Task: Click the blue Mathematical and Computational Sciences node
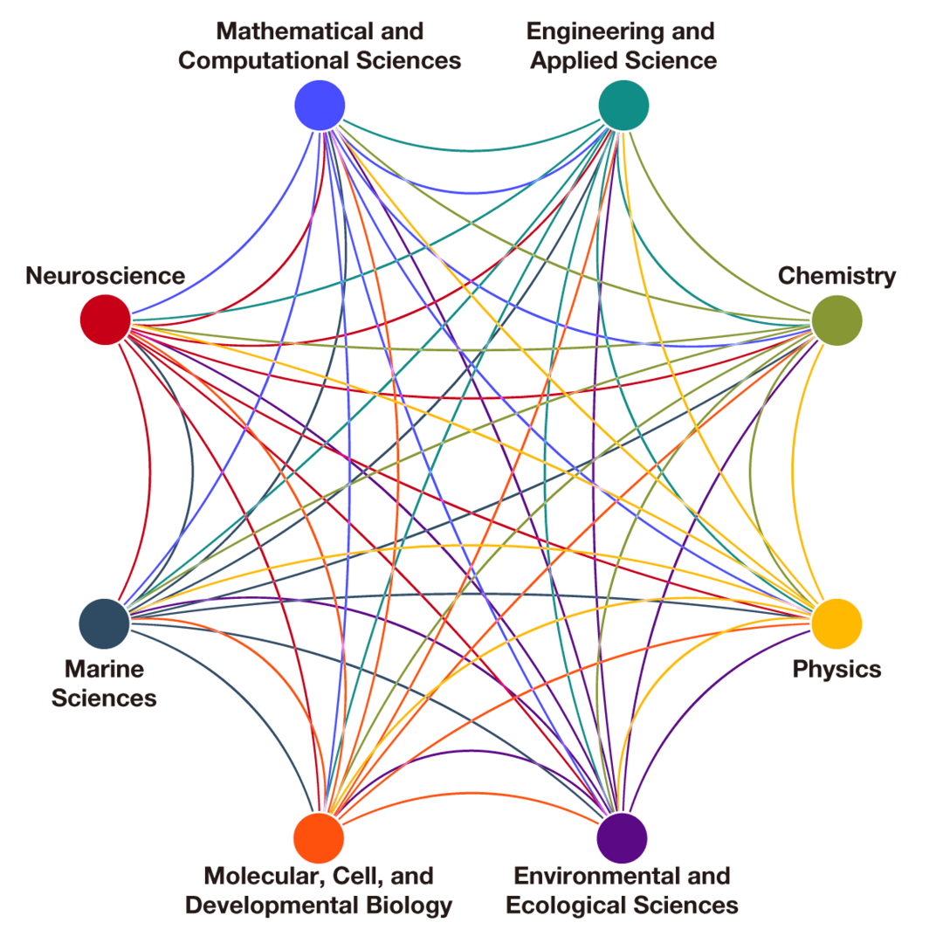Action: point(320,105)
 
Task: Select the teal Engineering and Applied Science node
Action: point(623,105)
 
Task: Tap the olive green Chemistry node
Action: point(837,320)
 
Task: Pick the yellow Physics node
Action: point(837,623)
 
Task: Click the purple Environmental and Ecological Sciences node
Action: point(623,837)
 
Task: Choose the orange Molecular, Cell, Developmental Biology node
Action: point(320,837)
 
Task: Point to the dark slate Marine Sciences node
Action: point(105,623)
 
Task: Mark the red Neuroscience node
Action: point(105,320)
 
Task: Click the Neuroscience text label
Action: point(105,276)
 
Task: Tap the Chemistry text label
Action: point(836,276)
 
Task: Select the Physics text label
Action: point(836,669)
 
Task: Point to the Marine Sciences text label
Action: point(105,684)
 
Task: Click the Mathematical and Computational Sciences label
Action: point(320,46)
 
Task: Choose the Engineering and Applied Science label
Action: point(623,46)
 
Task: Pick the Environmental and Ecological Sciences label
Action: point(623,890)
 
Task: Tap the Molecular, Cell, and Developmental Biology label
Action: point(320,890)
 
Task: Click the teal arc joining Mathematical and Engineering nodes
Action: point(471,150)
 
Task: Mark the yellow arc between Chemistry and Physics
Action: point(793,471)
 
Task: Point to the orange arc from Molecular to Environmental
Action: point(471,793)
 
